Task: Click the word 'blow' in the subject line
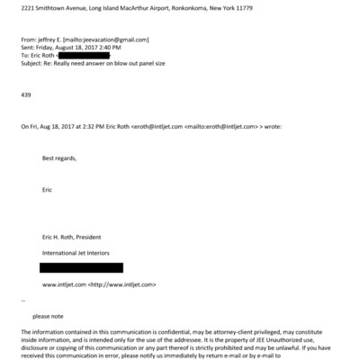click(x=126, y=64)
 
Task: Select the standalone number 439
click(x=26, y=95)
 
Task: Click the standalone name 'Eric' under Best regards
click(x=48, y=190)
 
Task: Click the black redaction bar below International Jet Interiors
click(x=81, y=268)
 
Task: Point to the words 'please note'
click(x=47, y=316)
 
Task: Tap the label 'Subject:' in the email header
click(x=33, y=64)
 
